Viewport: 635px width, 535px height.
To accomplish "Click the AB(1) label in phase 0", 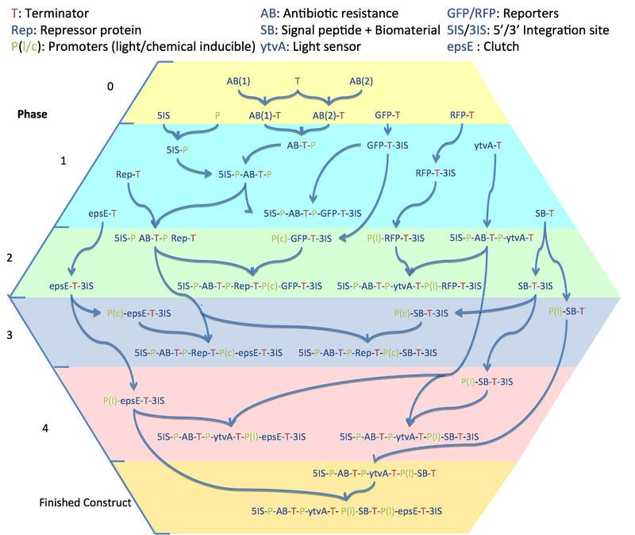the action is coord(238,81).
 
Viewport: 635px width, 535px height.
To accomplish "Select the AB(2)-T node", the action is coord(329,115).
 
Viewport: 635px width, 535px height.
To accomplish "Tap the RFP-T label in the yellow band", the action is coord(462,115).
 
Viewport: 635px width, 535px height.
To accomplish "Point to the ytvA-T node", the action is coord(488,145).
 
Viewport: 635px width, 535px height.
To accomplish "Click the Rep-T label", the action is coord(128,174).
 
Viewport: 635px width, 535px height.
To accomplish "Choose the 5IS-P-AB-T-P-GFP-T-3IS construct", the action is coord(312,213).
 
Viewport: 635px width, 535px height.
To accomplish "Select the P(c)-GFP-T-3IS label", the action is coord(302,238).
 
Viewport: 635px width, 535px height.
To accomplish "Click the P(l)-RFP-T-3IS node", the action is coord(395,238).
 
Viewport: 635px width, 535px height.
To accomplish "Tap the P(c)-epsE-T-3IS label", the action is coord(139,313).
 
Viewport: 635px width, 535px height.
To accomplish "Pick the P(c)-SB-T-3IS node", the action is coord(421,313).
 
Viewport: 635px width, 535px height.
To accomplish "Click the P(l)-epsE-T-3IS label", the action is coord(133,401).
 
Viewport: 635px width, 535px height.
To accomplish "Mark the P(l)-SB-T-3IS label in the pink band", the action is coord(487,382).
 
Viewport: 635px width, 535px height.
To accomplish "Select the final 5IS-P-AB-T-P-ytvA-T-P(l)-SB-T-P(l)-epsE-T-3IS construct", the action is coord(347,511).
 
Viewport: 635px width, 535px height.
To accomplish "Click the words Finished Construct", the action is coord(86,502).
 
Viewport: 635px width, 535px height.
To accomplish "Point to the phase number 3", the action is coord(10,335).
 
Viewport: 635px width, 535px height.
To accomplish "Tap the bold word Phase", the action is coord(32,114).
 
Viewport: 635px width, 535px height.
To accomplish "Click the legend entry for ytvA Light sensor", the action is coord(310,47).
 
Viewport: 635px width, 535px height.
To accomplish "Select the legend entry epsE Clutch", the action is coord(483,47).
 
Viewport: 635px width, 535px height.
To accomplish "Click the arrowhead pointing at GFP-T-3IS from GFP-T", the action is coord(387,132).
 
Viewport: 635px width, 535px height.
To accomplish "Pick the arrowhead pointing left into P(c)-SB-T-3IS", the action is coord(459,313).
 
